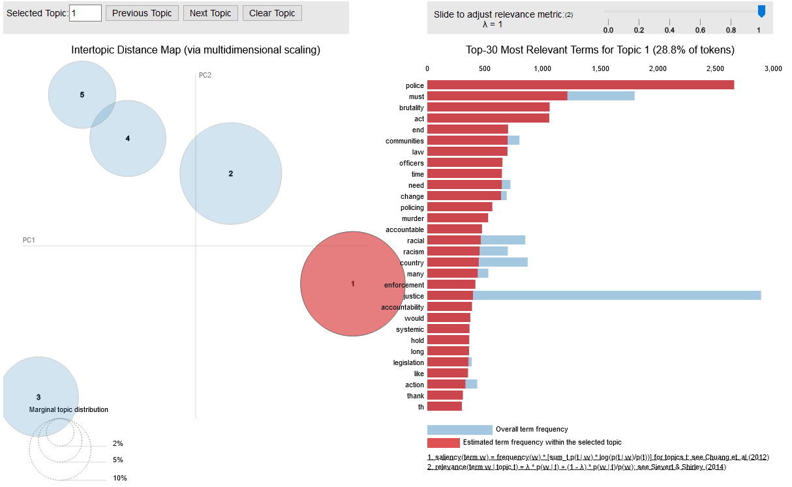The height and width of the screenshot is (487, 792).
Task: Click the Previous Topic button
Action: point(142,13)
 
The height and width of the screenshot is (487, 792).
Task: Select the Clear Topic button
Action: point(272,13)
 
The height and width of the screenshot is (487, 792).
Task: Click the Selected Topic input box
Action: point(85,13)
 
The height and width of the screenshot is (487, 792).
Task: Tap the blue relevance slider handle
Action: point(761,11)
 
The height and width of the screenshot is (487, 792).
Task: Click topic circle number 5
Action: point(82,95)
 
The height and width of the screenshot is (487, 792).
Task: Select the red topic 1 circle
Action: point(352,284)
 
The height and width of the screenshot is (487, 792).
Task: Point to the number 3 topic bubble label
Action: point(38,397)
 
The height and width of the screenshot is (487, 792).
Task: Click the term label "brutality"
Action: point(411,108)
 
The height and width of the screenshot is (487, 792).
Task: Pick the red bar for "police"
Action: point(580,85)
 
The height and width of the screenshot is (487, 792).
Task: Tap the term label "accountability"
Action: point(403,307)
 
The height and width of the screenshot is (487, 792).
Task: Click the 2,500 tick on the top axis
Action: point(715,68)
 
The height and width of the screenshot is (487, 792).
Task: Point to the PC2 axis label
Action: point(205,75)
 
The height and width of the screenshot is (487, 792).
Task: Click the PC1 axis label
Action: point(29,240)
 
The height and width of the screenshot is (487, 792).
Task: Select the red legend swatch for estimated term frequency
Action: point(443,443)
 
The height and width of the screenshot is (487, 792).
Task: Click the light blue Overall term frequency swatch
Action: point(459,430)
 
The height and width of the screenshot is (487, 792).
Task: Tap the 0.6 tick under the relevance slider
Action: point(700,30)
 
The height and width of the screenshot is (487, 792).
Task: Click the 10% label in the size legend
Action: point(120,478)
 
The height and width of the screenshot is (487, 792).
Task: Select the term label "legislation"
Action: point(408,362)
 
